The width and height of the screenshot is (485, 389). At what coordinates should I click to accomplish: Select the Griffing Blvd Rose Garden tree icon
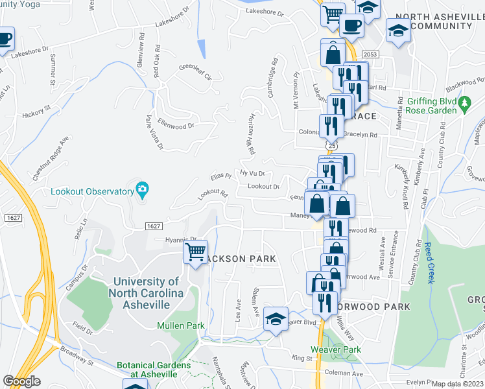click(x=464, y=103)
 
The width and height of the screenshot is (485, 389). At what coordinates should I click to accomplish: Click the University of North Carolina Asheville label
click(x=146, y=293)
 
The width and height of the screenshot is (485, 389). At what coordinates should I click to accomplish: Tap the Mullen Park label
click(x=181, y=325)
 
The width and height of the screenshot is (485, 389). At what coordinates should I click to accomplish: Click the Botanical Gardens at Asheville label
click(x=154, y=370)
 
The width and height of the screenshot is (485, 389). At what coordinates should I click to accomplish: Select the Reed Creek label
click(x=429, y=263)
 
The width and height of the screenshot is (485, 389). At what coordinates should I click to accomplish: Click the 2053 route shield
click(x=370, y=54)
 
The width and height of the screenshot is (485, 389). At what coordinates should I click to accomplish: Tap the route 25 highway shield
click(x=331, y=146)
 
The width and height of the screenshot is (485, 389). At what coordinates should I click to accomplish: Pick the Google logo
click(x=22, y=381)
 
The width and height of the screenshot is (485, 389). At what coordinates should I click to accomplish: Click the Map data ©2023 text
click(x=457, y=384)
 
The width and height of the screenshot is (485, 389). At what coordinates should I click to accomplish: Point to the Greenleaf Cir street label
click(x=195, y=71)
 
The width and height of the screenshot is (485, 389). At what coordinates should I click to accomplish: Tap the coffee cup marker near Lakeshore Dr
click(x=350, y=26)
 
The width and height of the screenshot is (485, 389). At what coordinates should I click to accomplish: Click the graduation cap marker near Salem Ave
click(x=276, y=318)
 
